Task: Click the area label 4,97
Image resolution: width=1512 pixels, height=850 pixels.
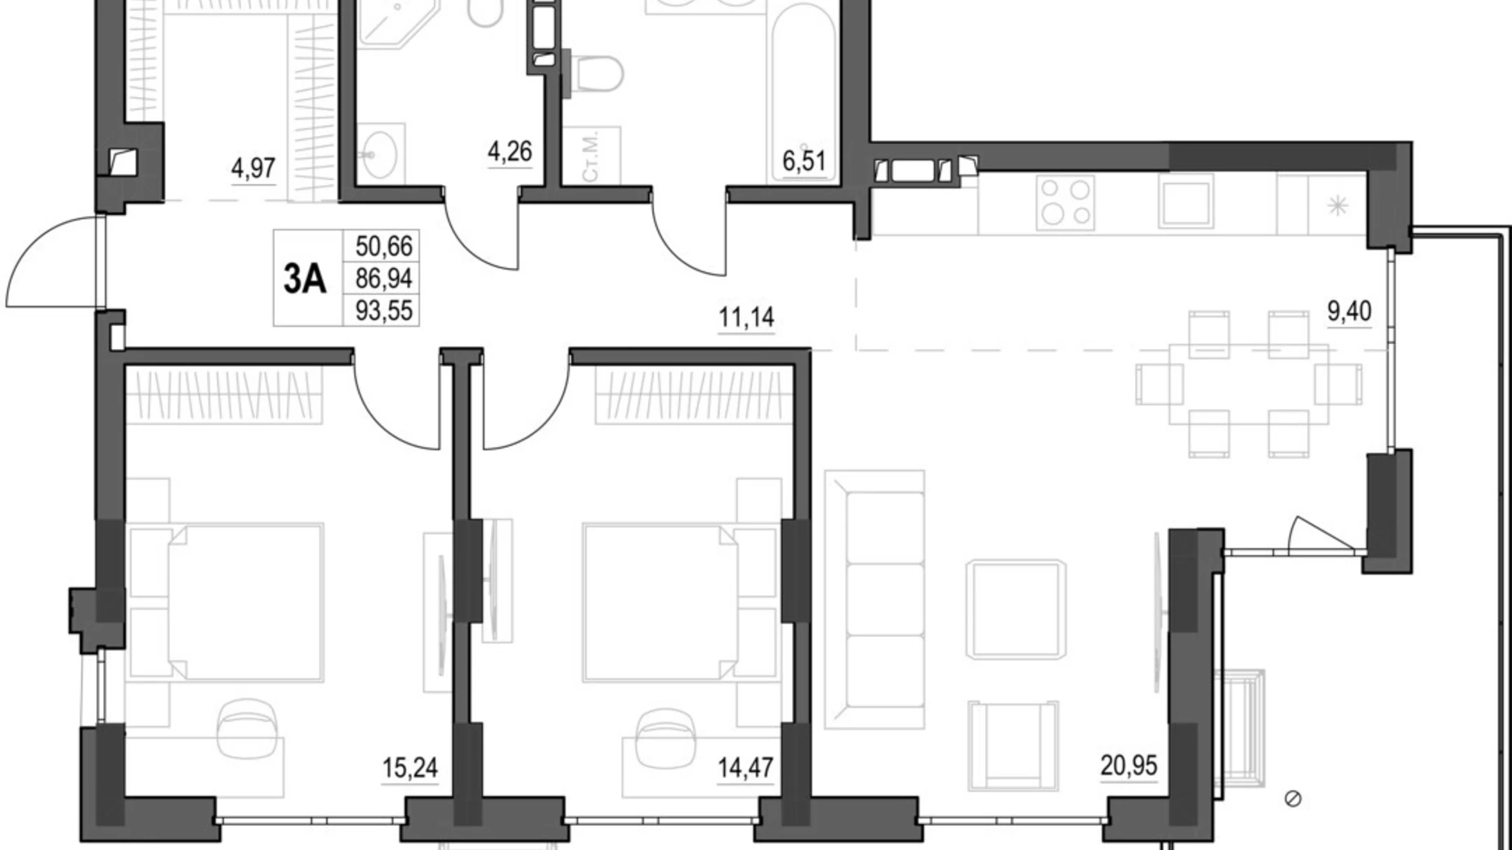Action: pos(253,168)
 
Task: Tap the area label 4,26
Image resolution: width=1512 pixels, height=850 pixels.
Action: pos(509,151)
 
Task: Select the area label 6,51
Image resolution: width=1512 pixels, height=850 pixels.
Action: pos(804,161)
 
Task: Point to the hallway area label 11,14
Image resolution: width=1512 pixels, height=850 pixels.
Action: pos(746,316)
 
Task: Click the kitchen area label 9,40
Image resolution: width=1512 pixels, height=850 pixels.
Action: pos(1349,311)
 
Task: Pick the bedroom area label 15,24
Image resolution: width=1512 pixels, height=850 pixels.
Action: pos(410,767)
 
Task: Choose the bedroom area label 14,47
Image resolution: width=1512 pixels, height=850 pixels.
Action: pos(745,767)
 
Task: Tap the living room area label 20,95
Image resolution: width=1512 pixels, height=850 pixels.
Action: pos(1129,766)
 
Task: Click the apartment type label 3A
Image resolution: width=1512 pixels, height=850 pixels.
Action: pos(305,280)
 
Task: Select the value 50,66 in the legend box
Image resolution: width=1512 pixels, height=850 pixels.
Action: pos(383,245)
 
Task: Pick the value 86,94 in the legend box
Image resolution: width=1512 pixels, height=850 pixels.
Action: pos(383,279)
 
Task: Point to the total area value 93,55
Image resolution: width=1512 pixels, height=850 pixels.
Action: pos(383,311)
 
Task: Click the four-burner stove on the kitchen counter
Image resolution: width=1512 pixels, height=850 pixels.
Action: pos(1064,204)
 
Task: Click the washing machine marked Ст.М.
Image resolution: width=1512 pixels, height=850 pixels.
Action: pos(592,155)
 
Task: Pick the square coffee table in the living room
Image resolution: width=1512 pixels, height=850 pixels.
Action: pos(1016,609)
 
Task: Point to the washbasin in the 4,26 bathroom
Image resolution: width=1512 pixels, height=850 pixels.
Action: pos(380,151)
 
